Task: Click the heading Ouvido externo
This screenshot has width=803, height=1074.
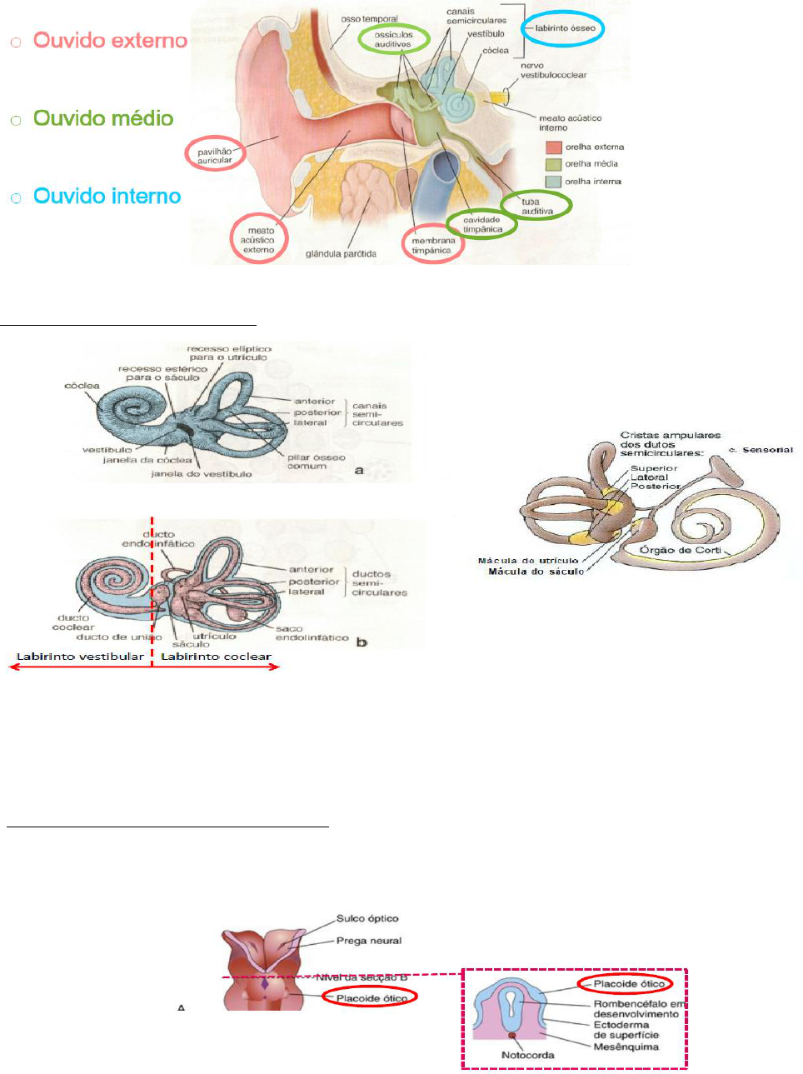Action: point(110,41)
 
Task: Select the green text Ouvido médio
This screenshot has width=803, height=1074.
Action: point(103,118)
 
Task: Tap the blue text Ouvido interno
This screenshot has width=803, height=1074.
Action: point(107,197)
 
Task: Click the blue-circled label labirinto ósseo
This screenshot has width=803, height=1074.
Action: point(564,28)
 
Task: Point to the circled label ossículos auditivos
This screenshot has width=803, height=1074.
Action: point(393,39)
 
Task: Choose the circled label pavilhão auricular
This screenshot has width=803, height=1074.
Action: point(215,155)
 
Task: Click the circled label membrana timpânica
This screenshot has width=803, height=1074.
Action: point(433,246)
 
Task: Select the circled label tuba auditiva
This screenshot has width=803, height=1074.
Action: point(536,206)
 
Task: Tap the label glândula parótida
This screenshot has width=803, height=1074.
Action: point(341,254)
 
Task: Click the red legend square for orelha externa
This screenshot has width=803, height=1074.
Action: point(553,147)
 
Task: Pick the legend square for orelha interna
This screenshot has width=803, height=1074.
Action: point(553,182)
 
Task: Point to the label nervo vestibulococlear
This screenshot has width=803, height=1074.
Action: point(553,70)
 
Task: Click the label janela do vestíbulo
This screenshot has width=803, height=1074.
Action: point(201,474)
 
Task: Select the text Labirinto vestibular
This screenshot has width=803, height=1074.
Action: point(81,657)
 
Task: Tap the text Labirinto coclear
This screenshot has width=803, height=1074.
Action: point(216,657)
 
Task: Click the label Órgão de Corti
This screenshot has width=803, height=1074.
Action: point(680,550)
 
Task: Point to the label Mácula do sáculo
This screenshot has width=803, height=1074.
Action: point(536,572)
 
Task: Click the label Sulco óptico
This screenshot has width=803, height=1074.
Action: point(367,919)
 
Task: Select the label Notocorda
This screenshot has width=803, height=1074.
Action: point(527,1055)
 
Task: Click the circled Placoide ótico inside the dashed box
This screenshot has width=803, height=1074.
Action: point(629,984)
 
